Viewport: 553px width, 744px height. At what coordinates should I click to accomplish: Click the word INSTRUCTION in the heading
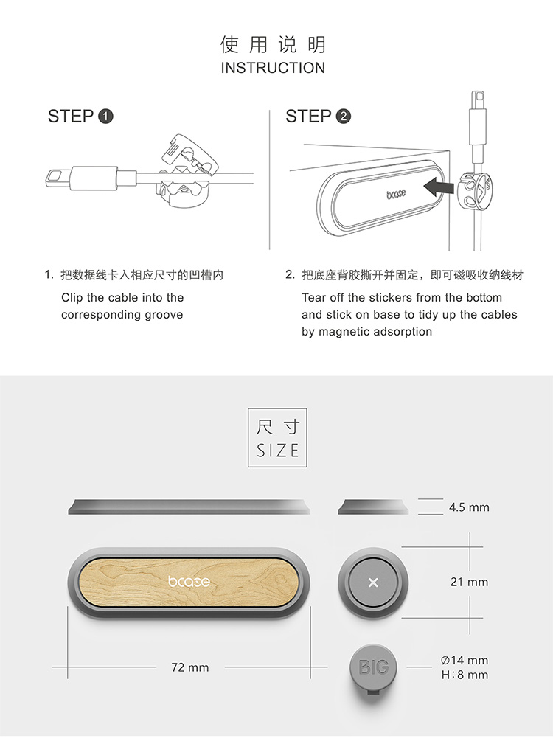273,68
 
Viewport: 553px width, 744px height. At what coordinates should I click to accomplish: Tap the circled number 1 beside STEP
105,117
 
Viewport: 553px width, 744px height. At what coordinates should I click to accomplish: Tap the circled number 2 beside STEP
344,117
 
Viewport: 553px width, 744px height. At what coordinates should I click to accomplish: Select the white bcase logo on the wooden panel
189,582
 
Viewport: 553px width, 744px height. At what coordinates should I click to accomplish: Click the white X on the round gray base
373,583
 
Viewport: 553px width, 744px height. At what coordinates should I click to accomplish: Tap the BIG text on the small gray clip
374,667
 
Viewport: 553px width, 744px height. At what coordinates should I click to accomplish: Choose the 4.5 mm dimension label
469,507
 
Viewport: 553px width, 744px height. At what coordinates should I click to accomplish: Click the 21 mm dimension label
469,582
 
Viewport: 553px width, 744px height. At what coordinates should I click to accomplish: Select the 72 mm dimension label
189,667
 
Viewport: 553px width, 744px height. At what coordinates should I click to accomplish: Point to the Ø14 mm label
465,660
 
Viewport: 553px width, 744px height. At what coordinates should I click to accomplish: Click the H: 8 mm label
465,675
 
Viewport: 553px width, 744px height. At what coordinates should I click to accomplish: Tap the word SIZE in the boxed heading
277,451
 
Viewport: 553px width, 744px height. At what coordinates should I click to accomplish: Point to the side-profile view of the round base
373,507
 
